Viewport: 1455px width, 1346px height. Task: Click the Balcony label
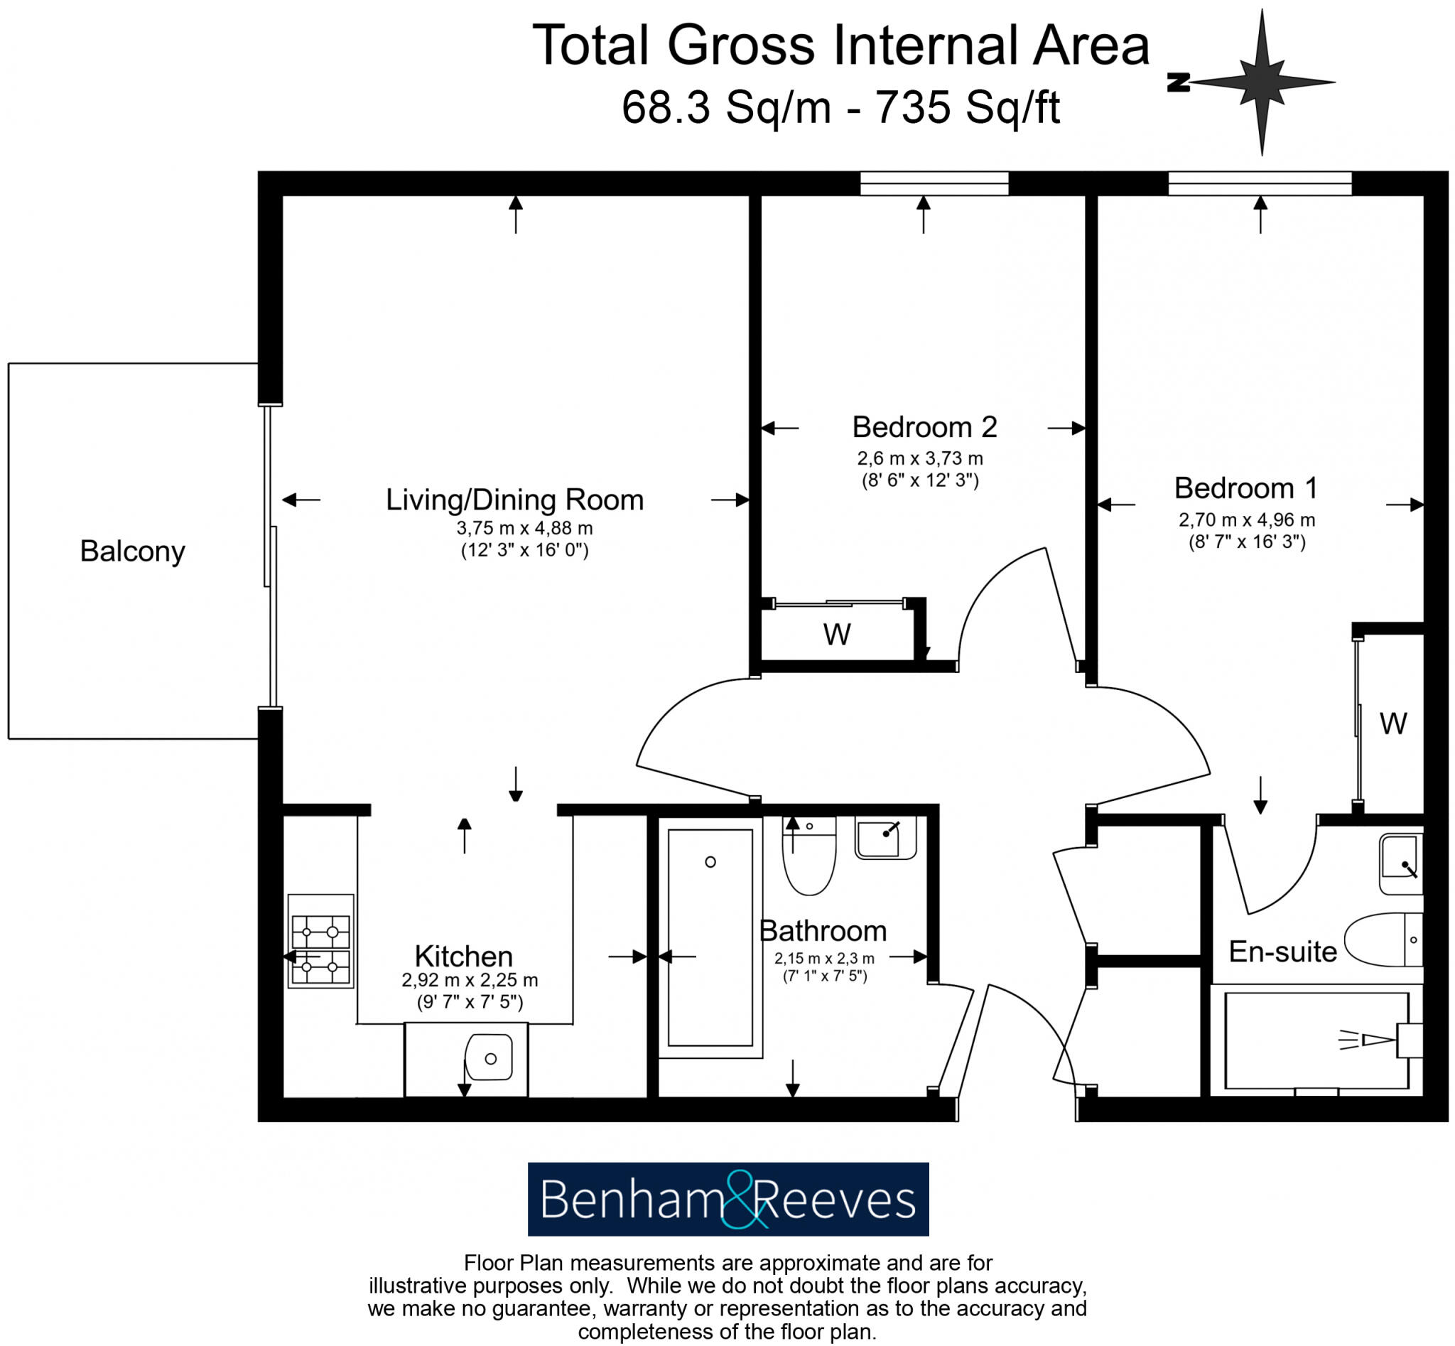point(132,551)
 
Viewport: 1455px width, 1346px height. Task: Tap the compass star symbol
point(1262,82)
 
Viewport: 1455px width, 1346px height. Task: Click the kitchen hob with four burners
point(320,941)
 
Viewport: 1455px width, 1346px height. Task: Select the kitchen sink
point(489,1057)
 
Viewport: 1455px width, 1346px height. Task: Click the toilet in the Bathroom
point(809,856)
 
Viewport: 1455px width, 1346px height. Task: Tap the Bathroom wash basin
point(884,839)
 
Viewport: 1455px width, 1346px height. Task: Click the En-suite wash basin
point(1400,864)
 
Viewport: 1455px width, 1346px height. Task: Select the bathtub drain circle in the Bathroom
point(710,862)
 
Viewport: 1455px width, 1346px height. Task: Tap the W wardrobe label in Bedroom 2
point(837,635)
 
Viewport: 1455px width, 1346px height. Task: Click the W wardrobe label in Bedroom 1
point(1392,724)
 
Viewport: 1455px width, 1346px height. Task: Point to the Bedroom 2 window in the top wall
point(934,183)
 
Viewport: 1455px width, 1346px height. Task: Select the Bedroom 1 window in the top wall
point(1259,183)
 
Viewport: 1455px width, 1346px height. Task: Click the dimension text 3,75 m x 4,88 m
point(524,528)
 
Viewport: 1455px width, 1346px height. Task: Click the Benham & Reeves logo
point(727,1199)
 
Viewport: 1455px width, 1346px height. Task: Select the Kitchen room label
point(463,957)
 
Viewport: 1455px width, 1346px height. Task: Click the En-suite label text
point(1282,952)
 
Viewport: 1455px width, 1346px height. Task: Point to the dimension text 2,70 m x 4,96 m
point(1247,520)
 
